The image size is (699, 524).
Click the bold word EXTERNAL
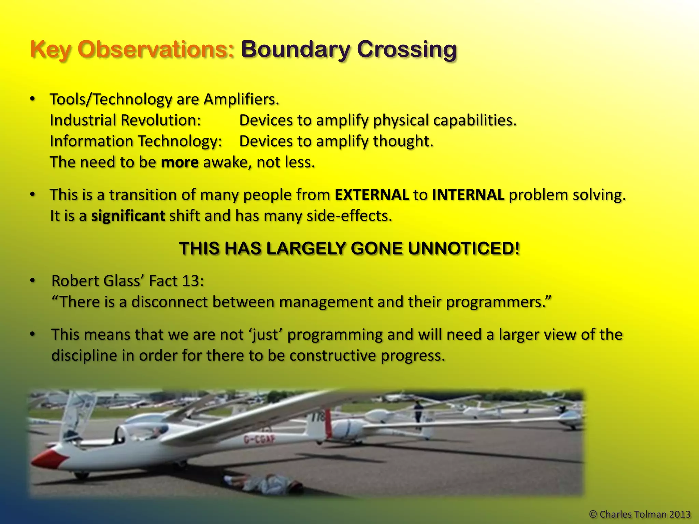coord(372,195)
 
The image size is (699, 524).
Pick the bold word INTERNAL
coord(468,195)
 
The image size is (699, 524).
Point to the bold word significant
coord(128,216)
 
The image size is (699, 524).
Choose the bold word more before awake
coord(180,162)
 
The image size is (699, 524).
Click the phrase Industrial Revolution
coord(125,121)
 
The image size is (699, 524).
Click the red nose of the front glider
coord(48,459)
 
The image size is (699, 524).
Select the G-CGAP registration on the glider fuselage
coord(259,440)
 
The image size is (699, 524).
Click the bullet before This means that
coord(32,334)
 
